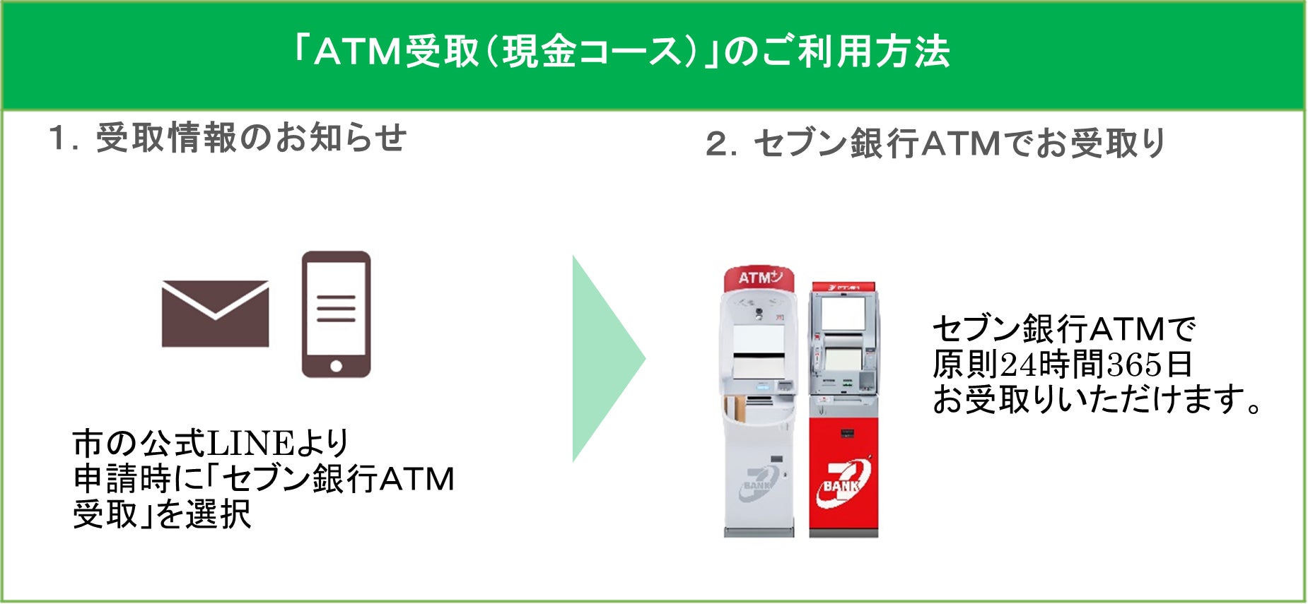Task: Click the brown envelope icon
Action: [215, 314]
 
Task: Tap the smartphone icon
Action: [336, 314]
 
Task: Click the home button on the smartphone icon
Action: [336, 366]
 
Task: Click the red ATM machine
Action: [843, 417]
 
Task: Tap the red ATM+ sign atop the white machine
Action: [759, 278]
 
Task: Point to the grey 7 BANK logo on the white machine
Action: [759, 484]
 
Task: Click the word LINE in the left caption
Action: [250, 444]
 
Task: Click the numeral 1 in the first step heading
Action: [58, 138]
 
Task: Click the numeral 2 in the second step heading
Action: [718, 145]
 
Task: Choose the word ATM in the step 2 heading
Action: [961, 144]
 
